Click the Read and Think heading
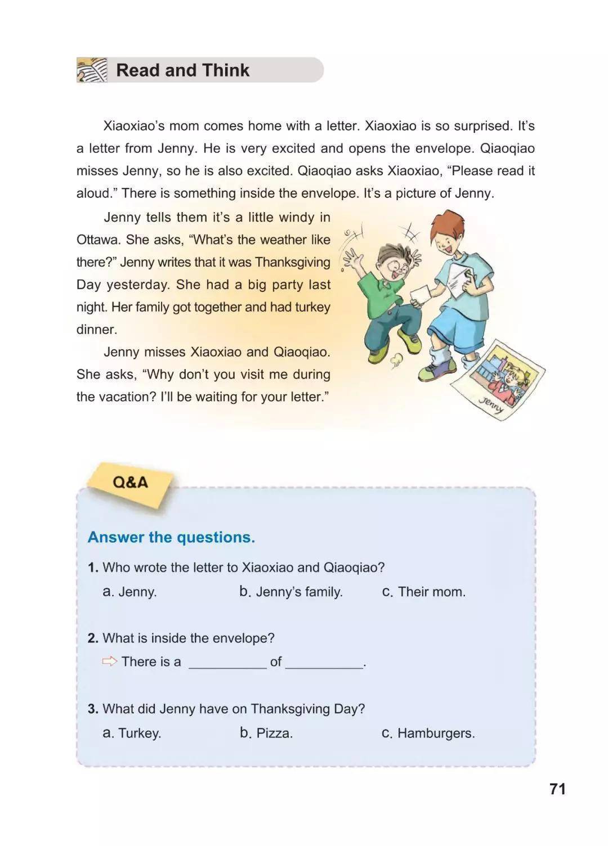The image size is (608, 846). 182,70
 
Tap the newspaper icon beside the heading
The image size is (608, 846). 91,70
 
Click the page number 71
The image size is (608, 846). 557,789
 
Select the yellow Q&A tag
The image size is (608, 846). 130,483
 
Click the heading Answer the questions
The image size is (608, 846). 171,537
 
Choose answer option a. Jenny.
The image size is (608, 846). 130,592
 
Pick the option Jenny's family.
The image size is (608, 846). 291,592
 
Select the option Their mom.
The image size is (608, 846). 424,592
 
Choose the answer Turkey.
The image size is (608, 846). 132,733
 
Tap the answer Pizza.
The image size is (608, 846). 266,733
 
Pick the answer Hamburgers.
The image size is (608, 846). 428,733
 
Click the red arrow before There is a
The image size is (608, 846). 109,661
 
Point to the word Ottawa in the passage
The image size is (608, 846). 97,240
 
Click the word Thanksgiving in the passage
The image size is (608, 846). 292,262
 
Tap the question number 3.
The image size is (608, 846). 93,709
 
